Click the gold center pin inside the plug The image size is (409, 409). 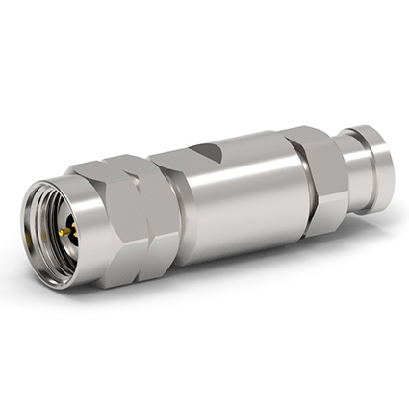click(65, 232)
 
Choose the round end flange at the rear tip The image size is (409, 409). click(375, 164)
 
